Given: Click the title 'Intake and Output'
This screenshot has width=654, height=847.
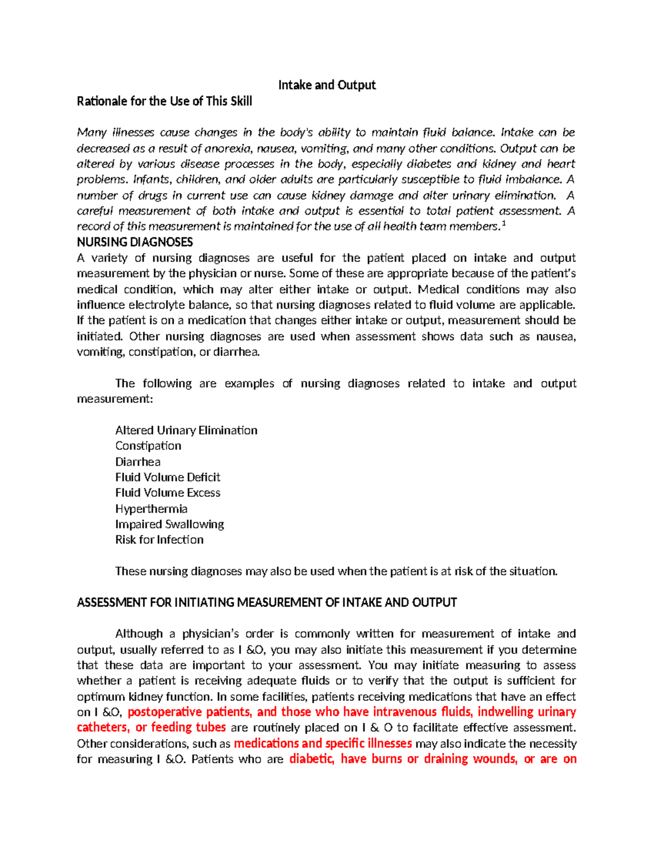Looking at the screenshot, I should click(x=326, y=85).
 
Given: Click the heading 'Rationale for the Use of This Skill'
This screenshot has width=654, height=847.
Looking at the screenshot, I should click(x=164, y=101).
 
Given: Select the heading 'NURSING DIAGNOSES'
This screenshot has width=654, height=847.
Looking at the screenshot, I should click(x=135, y=242).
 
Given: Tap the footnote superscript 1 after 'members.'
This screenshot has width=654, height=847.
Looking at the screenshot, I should click(x=503, y=224).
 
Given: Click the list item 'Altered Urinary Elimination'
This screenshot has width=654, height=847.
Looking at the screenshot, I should click(x=186, y=430).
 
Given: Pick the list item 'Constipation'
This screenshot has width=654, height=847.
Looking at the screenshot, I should click(x=148, y=446).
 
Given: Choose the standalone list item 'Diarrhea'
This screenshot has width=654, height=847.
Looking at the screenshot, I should click(x=137, y=461).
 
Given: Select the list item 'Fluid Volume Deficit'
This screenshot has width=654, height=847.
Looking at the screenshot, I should click(x=167, y=477).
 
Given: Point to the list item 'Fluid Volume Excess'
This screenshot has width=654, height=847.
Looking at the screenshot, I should click(x=167, y=492).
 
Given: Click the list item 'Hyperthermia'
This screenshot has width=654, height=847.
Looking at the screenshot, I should click(x=151, y=509).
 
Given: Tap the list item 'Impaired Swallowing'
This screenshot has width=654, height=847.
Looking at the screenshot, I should click(x=169, y=524).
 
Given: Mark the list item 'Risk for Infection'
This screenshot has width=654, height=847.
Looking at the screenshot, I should click(x=159, y=539).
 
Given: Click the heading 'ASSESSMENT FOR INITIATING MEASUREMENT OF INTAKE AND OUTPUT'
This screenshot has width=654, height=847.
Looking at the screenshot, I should click(x=267, y=603).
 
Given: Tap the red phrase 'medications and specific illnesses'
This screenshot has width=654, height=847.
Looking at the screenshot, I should click(x=323, y=743).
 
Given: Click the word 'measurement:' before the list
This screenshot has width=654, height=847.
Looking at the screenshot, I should click(x=115, y=399).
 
